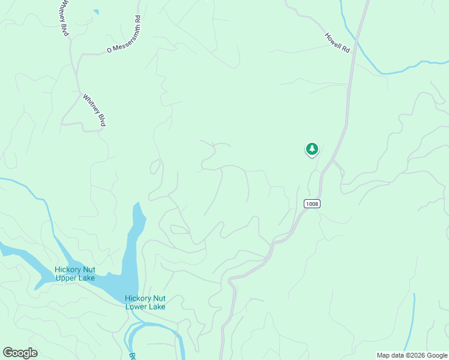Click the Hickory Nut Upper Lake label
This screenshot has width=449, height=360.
[x=75, y=274]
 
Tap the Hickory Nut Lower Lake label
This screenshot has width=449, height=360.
[x=145, y=302]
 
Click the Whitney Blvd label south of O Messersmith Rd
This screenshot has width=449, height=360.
[x=95, y=110]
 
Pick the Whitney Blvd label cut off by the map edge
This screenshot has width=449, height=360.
[x=62, y=18]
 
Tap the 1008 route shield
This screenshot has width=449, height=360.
[x=312, y=204]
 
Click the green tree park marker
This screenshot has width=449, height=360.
[x=312, y=149]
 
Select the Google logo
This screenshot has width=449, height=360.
[x=20, y=353]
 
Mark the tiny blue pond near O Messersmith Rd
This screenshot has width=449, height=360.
[x=96, y=11]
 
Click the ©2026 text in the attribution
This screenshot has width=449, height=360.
[x=409, y=355]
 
